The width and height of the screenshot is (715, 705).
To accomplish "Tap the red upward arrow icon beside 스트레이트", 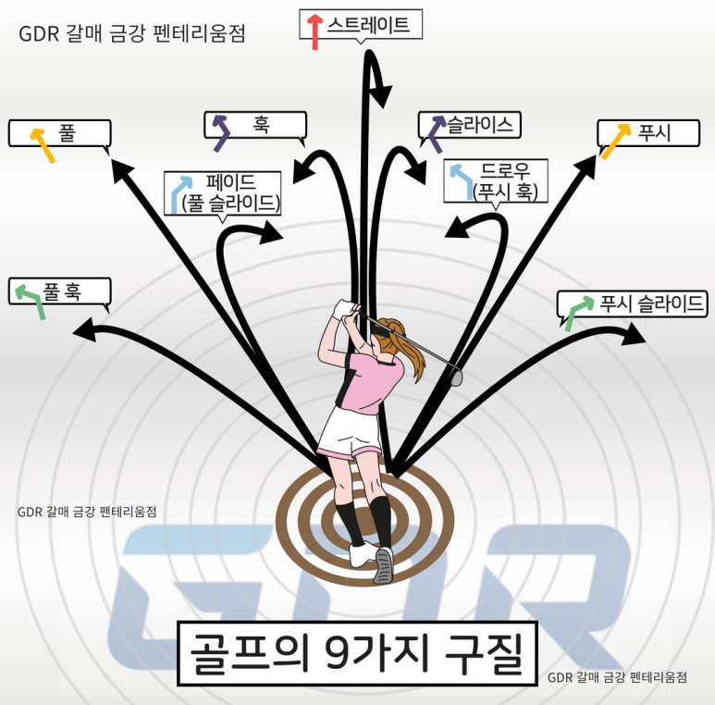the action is coord(315,31).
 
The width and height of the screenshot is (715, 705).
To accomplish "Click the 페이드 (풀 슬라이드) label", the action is coord(230,192).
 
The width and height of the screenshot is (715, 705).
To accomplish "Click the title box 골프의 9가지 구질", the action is coord(356,652).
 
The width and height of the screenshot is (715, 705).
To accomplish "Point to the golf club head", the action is coord(455,376).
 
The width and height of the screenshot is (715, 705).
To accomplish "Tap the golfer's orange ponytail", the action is coord(407,347).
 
